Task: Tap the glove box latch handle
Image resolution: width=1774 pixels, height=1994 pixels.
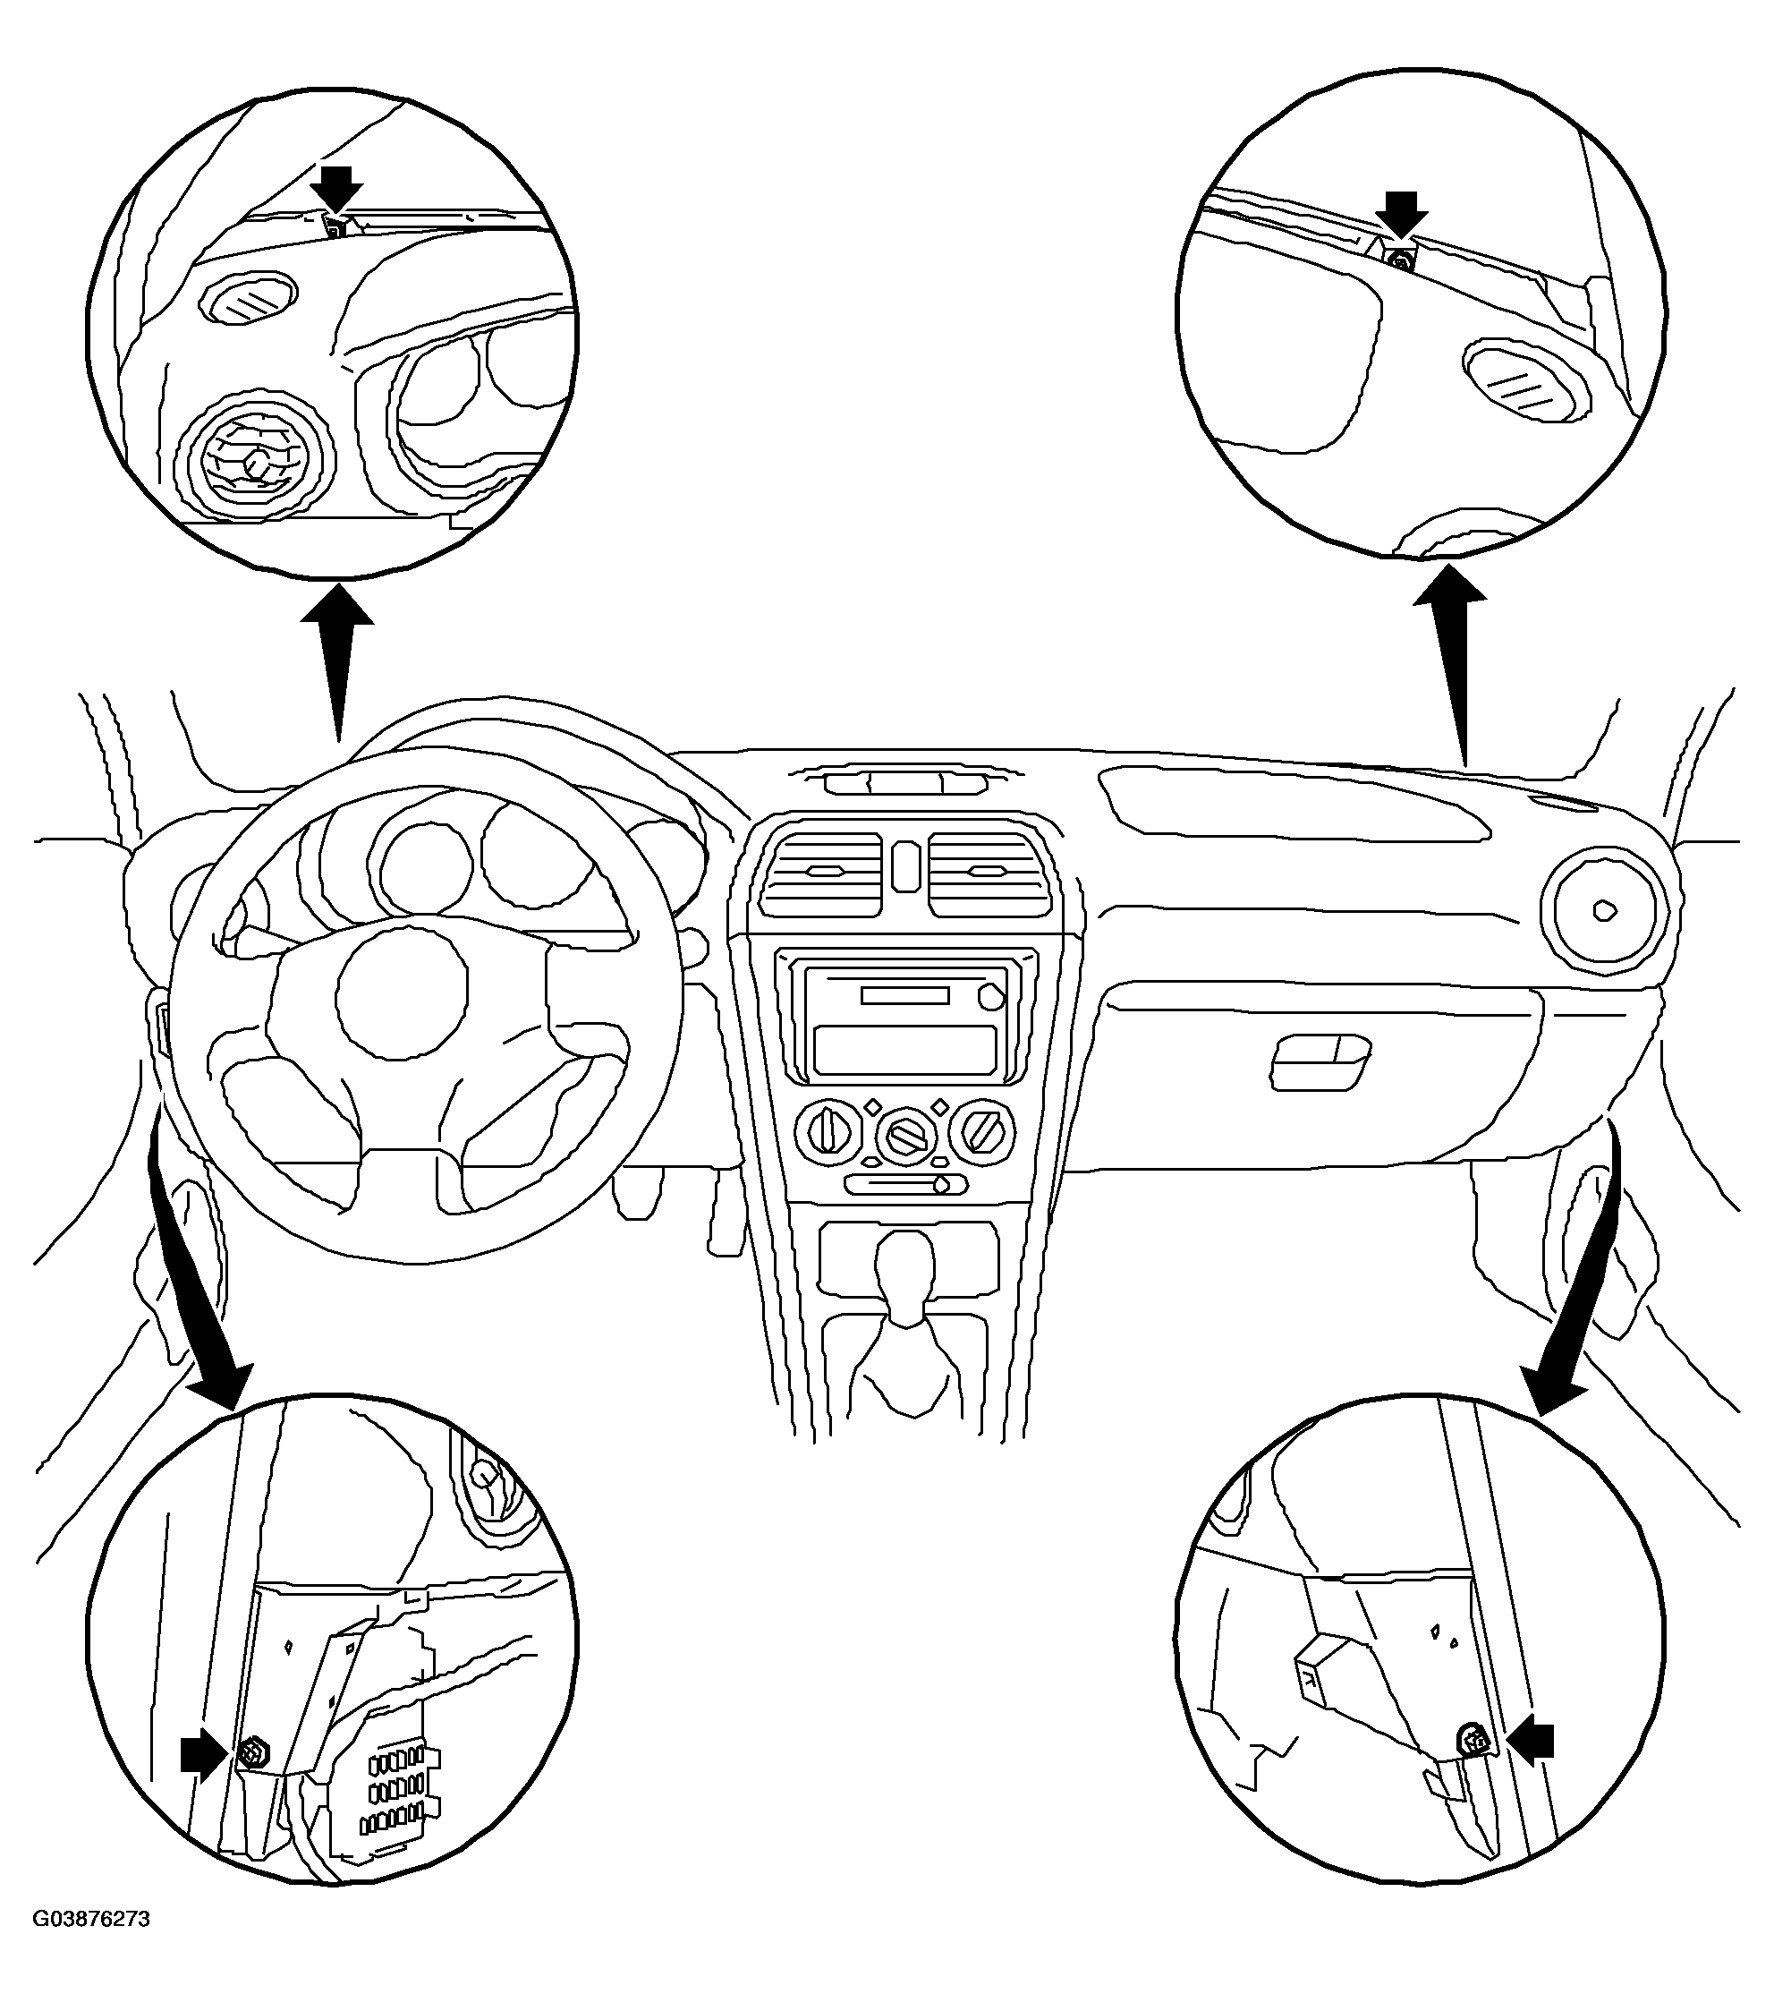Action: pos(1320,1061)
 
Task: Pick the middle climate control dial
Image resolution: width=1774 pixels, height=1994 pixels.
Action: pos(906,1138)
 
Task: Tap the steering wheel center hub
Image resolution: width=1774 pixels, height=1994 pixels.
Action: pos(401,994)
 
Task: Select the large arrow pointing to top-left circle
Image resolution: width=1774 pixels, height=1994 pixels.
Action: pos(336,663)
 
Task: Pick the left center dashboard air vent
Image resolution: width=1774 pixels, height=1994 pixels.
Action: pos(822,873)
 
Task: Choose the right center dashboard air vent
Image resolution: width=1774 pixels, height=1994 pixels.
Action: pos(991,873)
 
